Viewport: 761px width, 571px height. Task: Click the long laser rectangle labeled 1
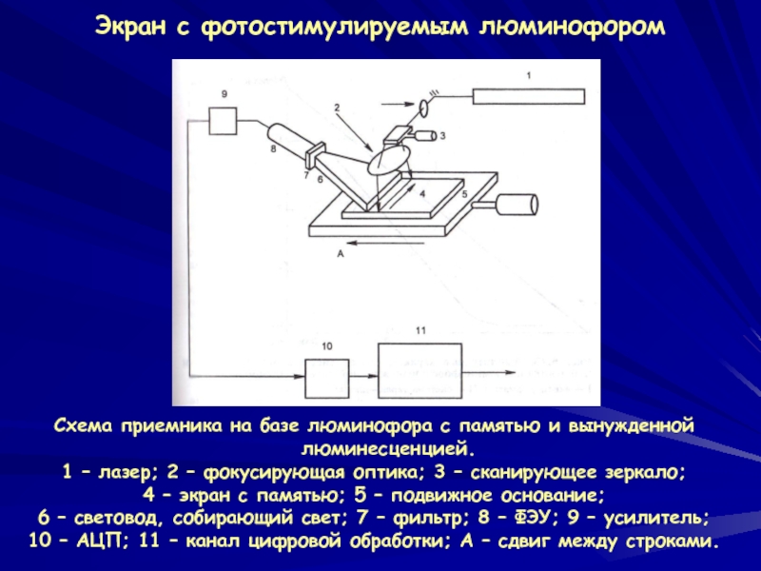tap(529, 96)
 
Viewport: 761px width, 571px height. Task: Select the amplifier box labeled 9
tap(223, 121)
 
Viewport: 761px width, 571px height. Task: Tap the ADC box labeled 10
tap(326, 379)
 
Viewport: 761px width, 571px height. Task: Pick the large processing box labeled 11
tap(420, 371)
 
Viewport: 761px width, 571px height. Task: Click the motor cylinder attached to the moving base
tap(517, 205)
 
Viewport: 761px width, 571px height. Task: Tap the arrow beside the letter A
tap(387, 243)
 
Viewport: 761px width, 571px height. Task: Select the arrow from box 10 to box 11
tap(363, 376)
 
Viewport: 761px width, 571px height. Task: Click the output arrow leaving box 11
tap(488, 372)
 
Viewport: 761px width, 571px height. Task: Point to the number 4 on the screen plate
tap(422, 194)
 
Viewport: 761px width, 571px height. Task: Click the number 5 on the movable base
tap(464, 194)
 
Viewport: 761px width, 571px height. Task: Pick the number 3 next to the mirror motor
tap(442, 136)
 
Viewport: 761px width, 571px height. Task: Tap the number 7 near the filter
tap(306, 175)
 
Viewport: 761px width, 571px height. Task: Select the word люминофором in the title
tap(573, 28)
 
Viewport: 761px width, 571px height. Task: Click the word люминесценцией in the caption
tap(387, 449)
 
